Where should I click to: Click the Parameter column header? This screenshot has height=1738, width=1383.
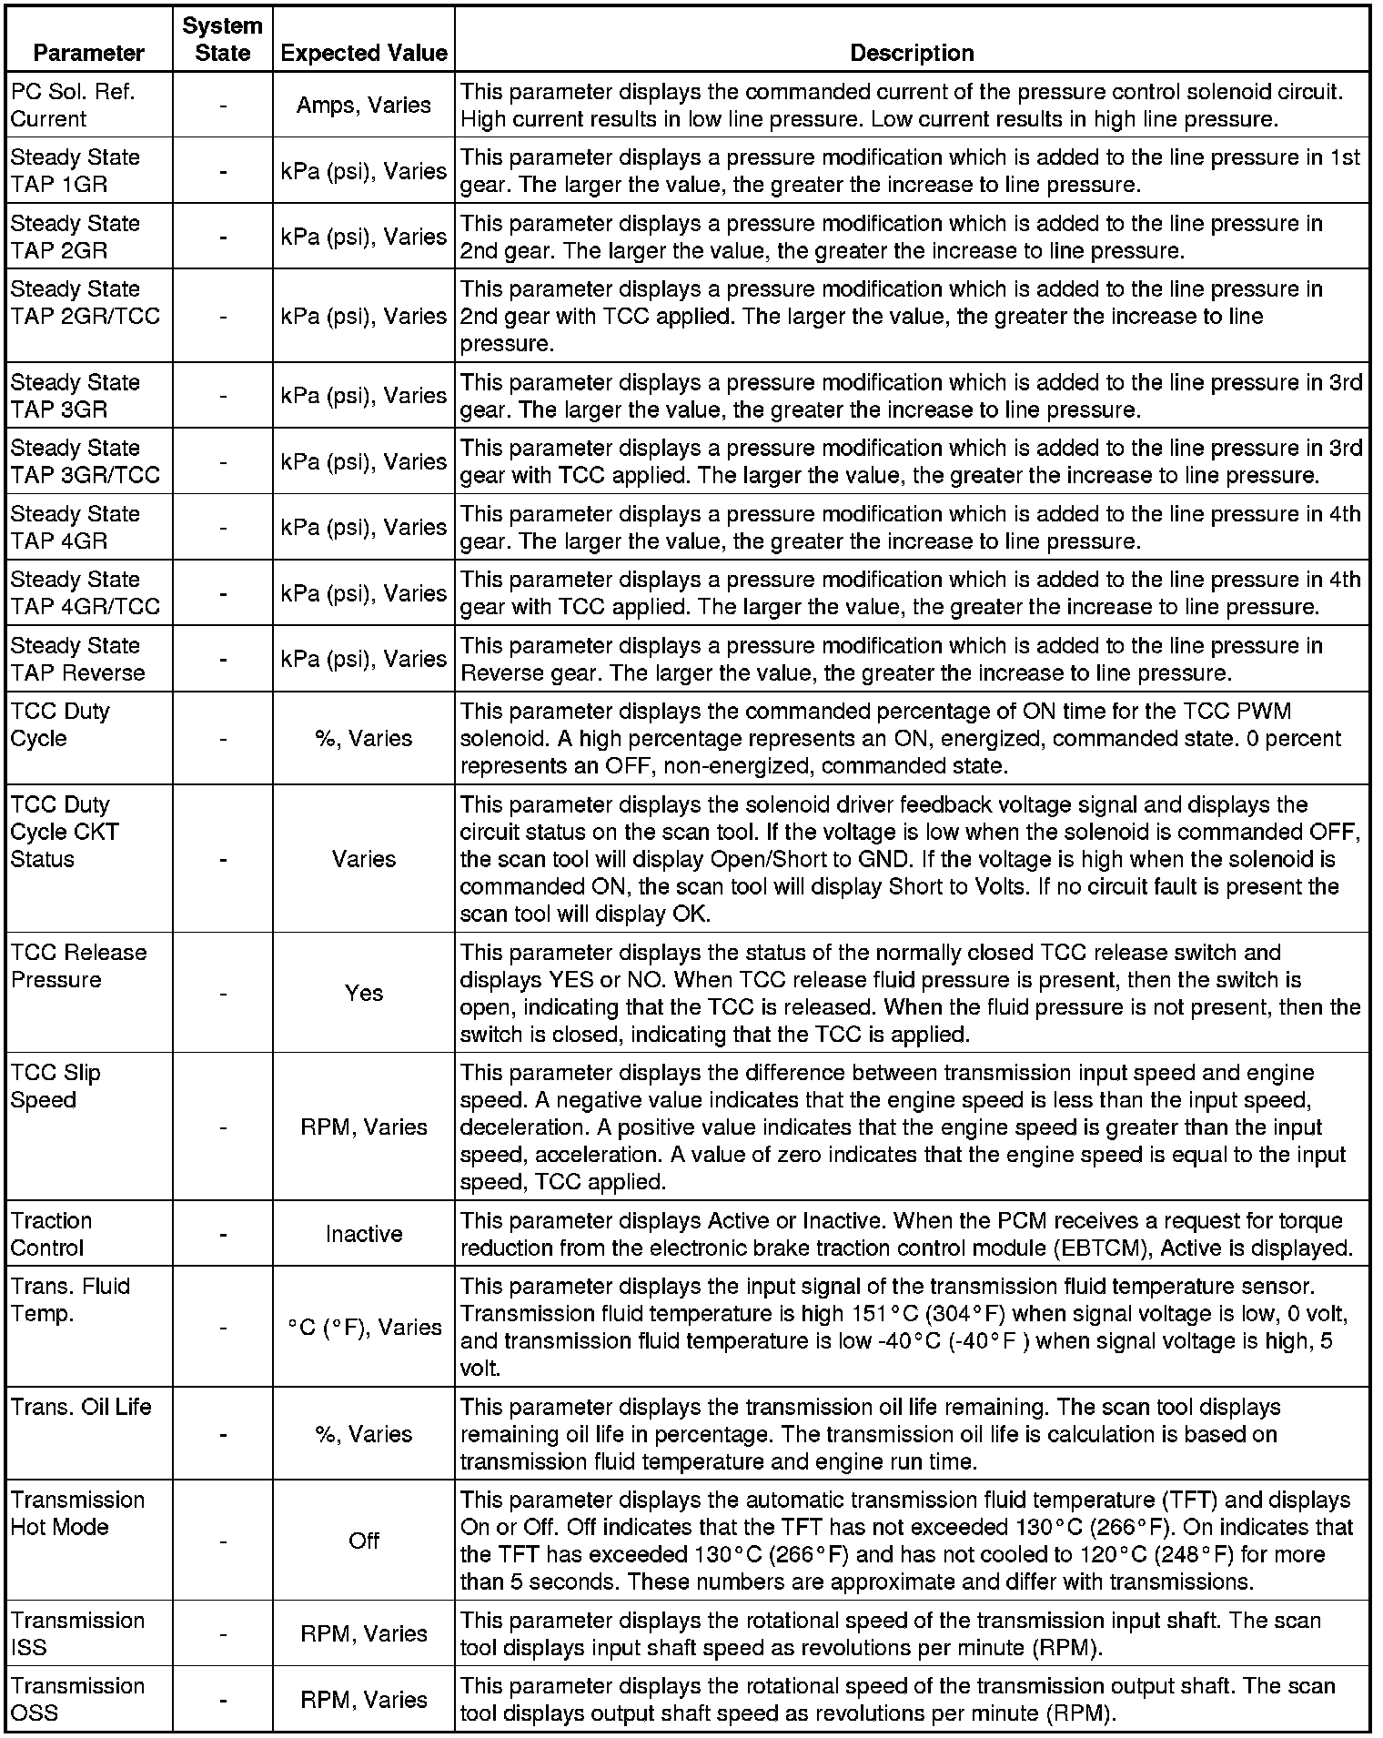pos(88,53)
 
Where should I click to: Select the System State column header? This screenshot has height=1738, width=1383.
pos(222,39)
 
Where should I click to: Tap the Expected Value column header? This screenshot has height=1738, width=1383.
pos(364,53)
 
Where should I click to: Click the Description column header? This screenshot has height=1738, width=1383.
pos(912,53)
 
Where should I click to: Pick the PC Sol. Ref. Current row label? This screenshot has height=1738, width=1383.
pos(73,105)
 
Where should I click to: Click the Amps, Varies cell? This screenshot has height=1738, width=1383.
pos(364,105)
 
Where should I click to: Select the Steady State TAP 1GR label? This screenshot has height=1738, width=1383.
pos(75,170)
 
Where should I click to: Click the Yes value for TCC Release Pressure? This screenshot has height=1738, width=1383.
pos(364,993)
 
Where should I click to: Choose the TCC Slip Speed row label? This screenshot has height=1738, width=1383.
pos(56,1086)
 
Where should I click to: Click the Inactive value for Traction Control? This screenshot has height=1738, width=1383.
pos(364,1234)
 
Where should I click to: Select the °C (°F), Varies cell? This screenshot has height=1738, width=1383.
pos(364,1327)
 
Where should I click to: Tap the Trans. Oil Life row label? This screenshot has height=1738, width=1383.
pos(81,1407)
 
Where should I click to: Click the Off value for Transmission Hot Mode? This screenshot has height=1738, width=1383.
pos(364,1541)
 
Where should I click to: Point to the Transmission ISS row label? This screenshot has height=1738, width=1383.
pos(77,1633)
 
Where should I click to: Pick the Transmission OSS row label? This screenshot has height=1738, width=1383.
pos(77,1699)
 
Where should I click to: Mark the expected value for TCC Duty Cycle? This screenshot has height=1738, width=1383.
pos(364,738)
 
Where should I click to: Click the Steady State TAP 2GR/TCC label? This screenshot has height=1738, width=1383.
pos(85,302)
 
